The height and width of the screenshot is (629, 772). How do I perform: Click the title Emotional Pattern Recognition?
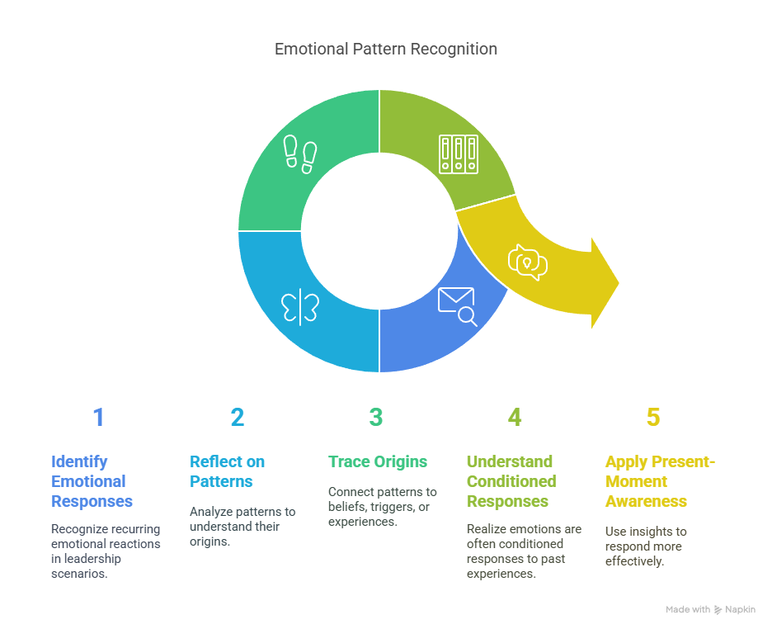click(385, 50)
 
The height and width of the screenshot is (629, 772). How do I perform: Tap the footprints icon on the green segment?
click(300, 154)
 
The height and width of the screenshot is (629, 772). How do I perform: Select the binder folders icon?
click(459, 154)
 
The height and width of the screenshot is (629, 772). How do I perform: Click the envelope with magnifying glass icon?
click(458, 306)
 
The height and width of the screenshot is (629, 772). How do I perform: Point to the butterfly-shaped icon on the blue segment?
click(300, 307)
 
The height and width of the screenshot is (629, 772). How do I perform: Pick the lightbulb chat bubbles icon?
click(527, 262)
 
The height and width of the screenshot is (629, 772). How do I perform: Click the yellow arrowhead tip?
click(619, 283)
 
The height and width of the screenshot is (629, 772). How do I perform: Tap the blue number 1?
click(98, 417)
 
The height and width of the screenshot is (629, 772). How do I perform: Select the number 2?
click(238, 417)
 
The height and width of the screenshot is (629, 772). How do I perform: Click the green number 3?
click(376, 417)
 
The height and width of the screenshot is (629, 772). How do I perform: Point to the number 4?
click(515, 417)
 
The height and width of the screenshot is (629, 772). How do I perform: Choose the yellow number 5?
click(653, 417)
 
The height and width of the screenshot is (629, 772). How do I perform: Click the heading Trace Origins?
click(378, 461)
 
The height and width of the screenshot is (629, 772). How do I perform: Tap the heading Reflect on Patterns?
click(227, 471)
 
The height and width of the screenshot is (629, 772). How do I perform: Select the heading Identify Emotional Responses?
click(92, 481)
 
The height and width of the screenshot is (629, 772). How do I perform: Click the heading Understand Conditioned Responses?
click(511, 481)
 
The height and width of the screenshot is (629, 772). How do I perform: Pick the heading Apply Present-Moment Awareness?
click(660, 481)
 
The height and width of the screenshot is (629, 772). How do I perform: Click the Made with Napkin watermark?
click(710, 610)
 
